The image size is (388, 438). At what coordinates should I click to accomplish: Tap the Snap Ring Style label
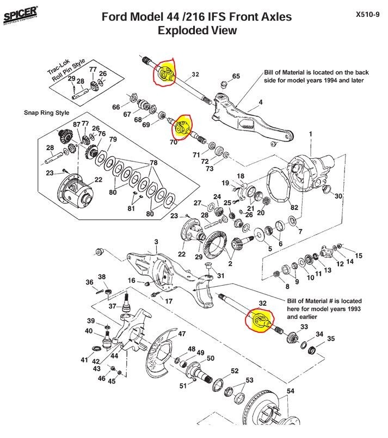pyautogui.click(x=46, y=113)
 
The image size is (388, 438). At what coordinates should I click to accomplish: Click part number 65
pyautogui.click(x=236, y=76)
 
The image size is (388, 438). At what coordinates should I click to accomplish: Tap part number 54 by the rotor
pyautogui.click(x=290, y=391)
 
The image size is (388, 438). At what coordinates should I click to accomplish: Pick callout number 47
pyautogui.click(x=182, y=334)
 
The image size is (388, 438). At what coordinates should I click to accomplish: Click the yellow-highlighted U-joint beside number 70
pyautogui.click(x=181, y=129)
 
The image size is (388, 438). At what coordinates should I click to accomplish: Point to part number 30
pyautogui.click(x=338, y=196)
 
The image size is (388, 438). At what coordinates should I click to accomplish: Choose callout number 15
pyautogui.click(x=359, y=256)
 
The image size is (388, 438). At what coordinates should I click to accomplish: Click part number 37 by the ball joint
pyautogui.click(x=113, y=307)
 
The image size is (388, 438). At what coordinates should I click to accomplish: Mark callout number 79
pyautogui.click(x=113, y=140)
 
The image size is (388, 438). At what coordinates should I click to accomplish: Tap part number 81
pyautogui.click(x=131, y=208)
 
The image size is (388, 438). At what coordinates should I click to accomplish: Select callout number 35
pyautogui.click(x=331, y=338)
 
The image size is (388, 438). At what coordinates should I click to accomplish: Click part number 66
pyautogui.click(x=116, y=107)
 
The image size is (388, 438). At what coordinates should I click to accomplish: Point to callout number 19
pyautogui.click(x=225, y=183)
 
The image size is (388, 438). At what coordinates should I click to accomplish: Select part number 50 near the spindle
pyautogui.click(x=210, y=359)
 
